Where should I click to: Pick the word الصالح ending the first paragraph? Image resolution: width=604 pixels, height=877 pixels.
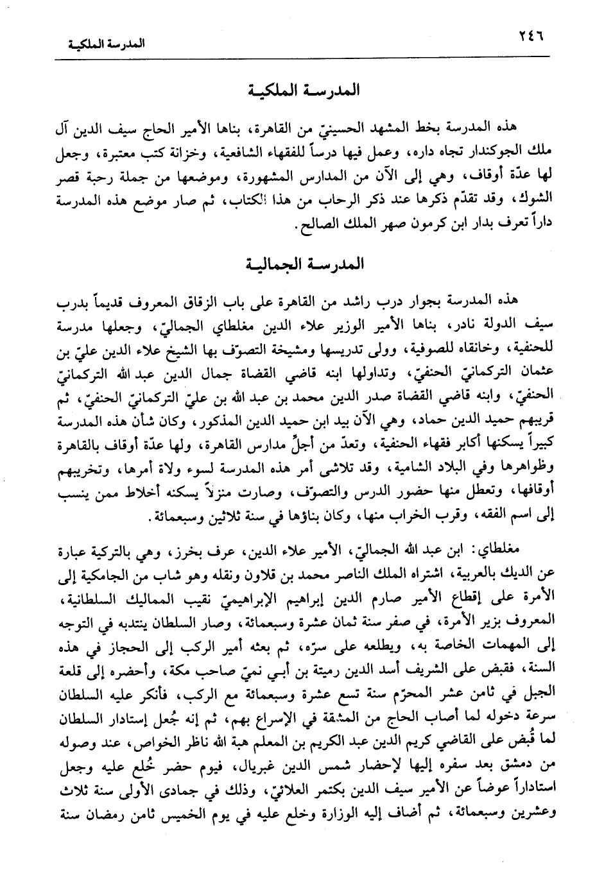pyautogui.click(x=311, y=226)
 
